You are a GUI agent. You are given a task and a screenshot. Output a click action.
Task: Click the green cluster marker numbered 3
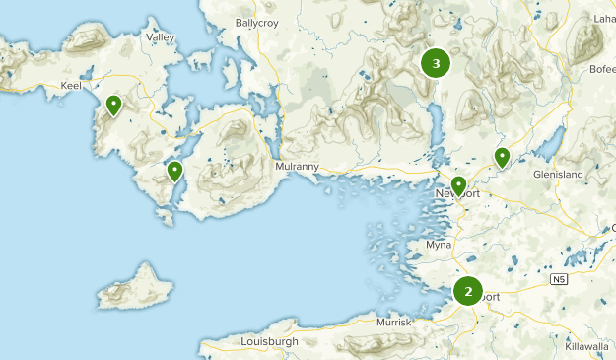[x=436, y=64]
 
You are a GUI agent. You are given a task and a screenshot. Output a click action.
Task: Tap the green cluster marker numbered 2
[x=468, y=291]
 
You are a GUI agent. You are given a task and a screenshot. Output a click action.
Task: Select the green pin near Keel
[x=114, y=105]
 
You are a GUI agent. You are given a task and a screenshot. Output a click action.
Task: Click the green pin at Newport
[x=458, y=185]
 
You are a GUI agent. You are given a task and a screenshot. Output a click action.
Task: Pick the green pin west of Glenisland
[x=502, y=157]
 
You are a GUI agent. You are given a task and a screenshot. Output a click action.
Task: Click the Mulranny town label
[x=298, y=167]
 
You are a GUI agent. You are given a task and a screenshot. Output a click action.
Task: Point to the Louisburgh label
[x=268, y=341]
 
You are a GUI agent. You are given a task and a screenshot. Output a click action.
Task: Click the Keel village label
[x=71, y=87]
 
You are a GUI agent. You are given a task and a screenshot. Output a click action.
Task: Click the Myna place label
[x=438, y=245]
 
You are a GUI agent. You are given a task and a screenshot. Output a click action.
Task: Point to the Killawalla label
[x=587, y=347]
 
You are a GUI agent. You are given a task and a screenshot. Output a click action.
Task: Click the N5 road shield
[x=559, y=280]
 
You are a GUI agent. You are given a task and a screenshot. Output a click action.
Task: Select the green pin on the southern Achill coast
[x=175, y=172]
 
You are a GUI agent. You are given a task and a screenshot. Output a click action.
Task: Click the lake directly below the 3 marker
[x=436, y=123]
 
